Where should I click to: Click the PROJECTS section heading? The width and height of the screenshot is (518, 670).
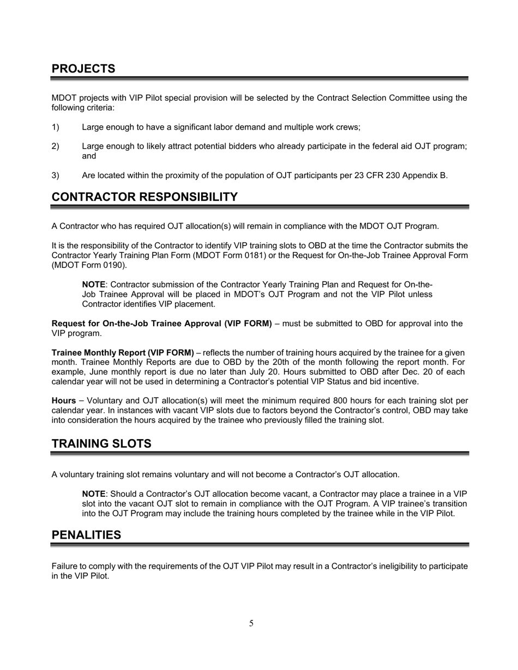(83, 69)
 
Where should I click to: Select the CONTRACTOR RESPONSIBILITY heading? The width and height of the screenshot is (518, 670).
(144, 197)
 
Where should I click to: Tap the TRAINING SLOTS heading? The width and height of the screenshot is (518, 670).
(101, 444)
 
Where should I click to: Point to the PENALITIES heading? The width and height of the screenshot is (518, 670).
(86, 535)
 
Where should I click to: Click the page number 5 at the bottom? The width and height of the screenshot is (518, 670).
(251, 623)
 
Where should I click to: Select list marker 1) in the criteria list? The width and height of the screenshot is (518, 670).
(55, 127)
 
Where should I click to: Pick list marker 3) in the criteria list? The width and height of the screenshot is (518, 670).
(55, 175)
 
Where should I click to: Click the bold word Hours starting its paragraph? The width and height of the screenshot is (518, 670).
(64, 401)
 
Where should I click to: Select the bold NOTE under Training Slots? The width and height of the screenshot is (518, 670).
(93, 494)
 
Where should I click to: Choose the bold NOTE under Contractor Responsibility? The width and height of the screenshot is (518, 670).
(93, 285)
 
